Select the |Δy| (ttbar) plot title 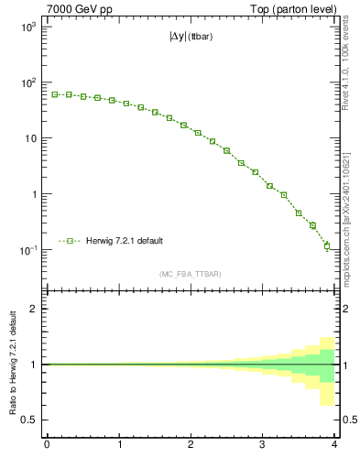click(x=191, y=39)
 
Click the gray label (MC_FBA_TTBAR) click(x=191, y=274)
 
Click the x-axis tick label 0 click(x=47, y=446)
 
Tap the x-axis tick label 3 click(x=263, y=446)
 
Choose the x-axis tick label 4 click(x=334, y=446)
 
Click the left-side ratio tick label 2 click(x=35, y=309)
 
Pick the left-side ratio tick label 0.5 click(x=31, y=420)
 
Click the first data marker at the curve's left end click(x=55, y=94)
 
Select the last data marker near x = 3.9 click(x=327, y=245)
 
